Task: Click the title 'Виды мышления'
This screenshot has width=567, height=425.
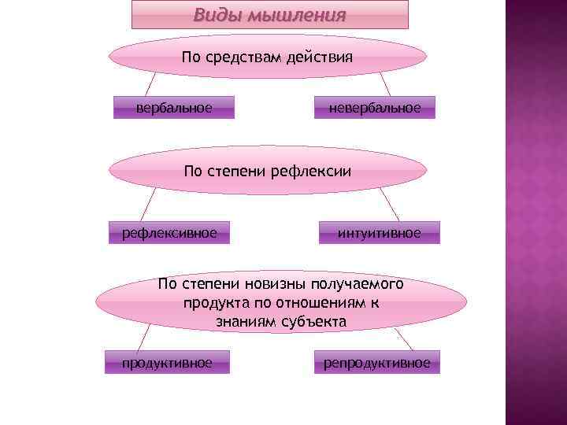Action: click(x=270, y=15)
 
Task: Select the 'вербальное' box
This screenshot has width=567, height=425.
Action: click(x=174, y=107)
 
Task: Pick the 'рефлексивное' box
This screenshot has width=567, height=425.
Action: click(x=169, y=232)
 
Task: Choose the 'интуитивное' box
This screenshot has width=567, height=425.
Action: click(x=380, y=232)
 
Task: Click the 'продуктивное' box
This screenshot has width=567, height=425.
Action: click(x=167, y=363)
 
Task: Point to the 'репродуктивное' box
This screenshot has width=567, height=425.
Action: click(x=377, y=363)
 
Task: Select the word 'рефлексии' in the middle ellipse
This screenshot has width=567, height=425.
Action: click(x=310, y=170)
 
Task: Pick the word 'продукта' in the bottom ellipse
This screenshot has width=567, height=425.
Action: click(x=212, y=302)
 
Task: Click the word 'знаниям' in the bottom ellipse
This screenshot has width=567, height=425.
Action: click(x=242, y=321)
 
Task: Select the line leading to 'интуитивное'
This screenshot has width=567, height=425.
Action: click(x=390, y=205)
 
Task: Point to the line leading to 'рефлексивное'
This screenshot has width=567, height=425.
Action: click(x=146, y=205)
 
